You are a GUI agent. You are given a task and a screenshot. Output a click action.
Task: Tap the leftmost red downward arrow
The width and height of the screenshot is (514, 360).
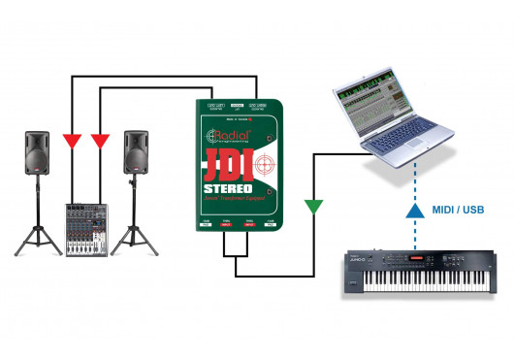[x=72, y=139]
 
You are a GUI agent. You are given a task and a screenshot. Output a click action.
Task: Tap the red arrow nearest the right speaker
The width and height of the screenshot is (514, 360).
[x=99, y=139]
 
